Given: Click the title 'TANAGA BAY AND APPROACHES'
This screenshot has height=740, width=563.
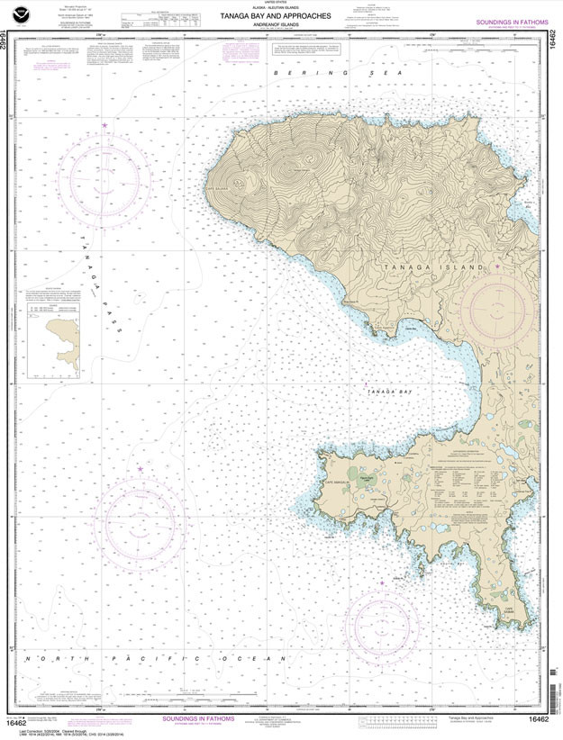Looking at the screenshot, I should (x=281, y=16).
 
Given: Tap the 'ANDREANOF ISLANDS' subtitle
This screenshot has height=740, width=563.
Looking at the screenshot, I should (x=281, y=25).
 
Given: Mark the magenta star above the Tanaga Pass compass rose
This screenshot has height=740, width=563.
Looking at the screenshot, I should (x=104, y=124).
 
